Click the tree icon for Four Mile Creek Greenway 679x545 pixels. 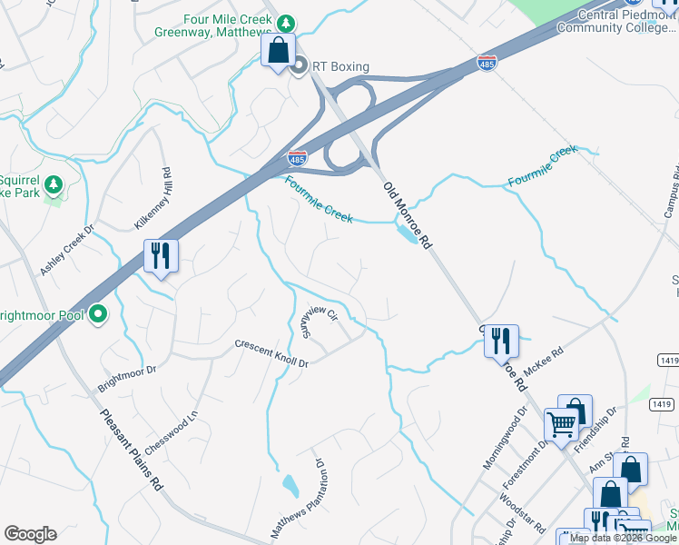pos(286,22)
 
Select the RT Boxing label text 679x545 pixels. pos(340,65)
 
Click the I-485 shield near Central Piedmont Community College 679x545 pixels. pos(487,64)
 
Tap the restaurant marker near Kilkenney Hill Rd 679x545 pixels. pos(162,256)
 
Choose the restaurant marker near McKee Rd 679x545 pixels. pos(501,342)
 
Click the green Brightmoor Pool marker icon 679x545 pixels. pos(99,315)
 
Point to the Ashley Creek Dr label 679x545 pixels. pos(66,251)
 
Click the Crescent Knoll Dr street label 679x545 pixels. pos(271,353)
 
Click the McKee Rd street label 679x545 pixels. pos(550,354)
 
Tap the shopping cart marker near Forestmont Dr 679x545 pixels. pos(561,424)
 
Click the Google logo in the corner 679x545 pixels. pos(30,533)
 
